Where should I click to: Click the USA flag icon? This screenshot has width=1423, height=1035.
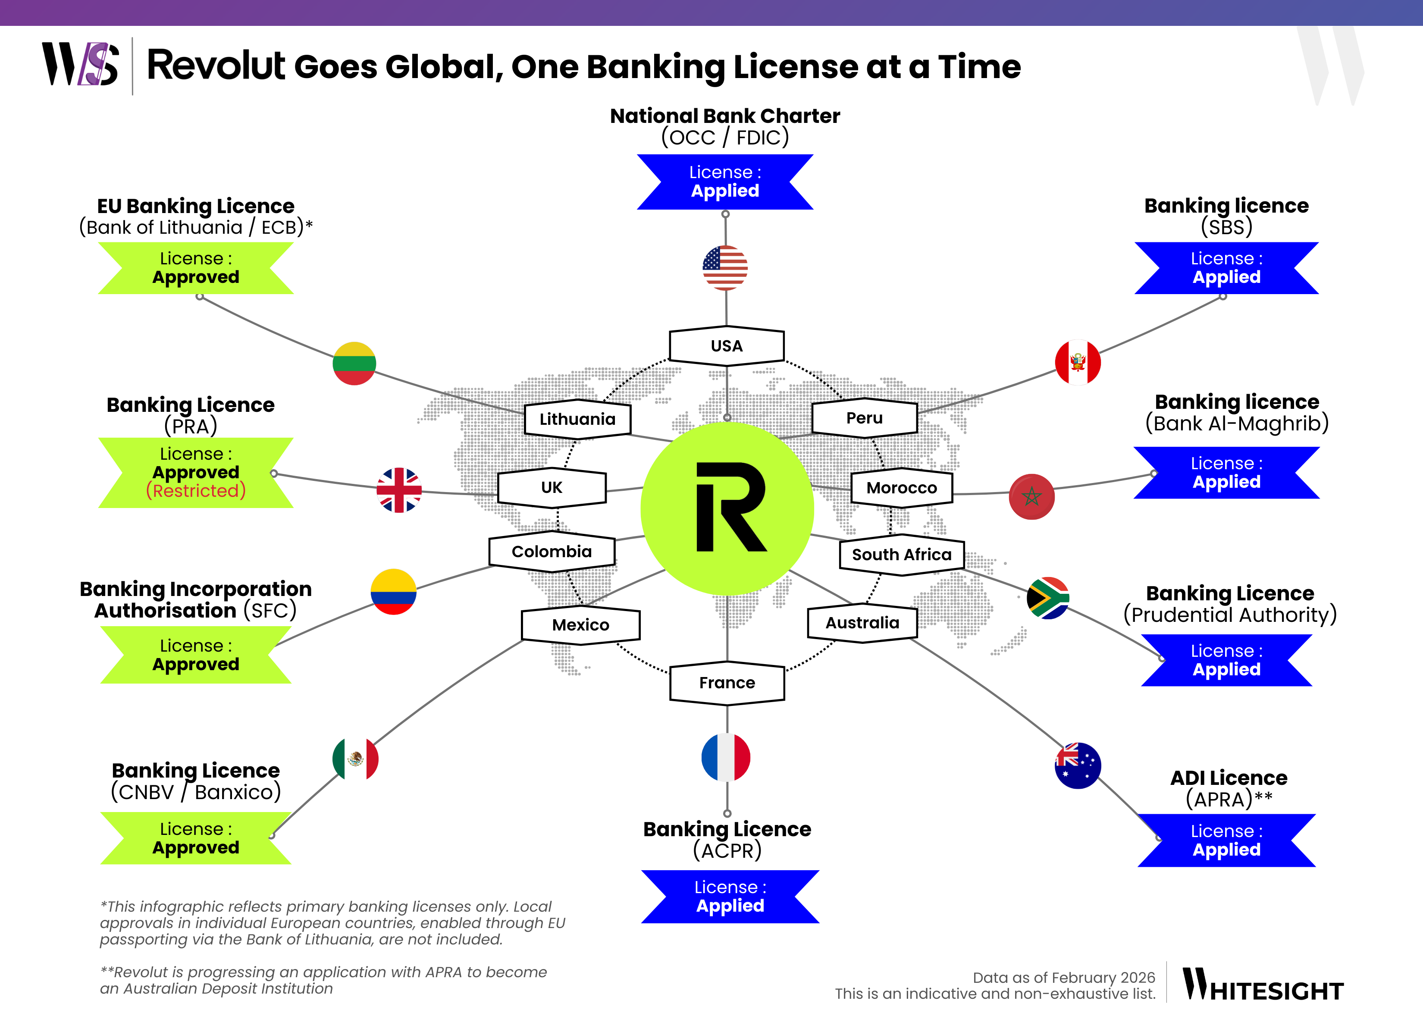click(725, 268)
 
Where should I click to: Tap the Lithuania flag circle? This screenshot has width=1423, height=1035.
click(354, 364)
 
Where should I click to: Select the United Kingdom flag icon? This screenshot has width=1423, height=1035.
click(399, 490)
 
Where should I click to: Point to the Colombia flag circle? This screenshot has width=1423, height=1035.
click(393, 592)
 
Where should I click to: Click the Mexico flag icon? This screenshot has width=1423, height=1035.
click(355, 759)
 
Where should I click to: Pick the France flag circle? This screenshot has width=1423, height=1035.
click(726, 757)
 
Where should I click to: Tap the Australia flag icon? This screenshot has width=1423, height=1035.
click(1078, 765)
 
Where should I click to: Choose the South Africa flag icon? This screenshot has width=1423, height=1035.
click(1048, 598)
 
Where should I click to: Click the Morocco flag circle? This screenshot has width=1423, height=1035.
click(1031, 496)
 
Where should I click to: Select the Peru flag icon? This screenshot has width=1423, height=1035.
click(1078, 362)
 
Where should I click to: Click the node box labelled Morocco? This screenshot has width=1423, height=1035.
click(902, 488)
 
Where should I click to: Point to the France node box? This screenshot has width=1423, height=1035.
click(727, 683)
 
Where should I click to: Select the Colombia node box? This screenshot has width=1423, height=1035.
click(552, 552)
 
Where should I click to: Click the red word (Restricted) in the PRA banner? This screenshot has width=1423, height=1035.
click(196, 491)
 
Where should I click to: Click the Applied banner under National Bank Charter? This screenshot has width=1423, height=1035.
click(725, 182)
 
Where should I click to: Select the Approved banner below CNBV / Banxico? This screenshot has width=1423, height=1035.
click(196, 838)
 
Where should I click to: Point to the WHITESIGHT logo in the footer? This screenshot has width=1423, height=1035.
click(1263, 985)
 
